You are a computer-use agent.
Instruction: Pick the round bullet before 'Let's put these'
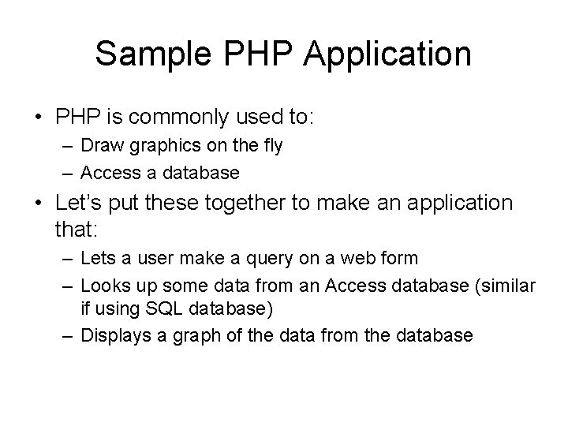[x=39, y=203]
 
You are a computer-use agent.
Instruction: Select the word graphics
[x=156, y=146]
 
